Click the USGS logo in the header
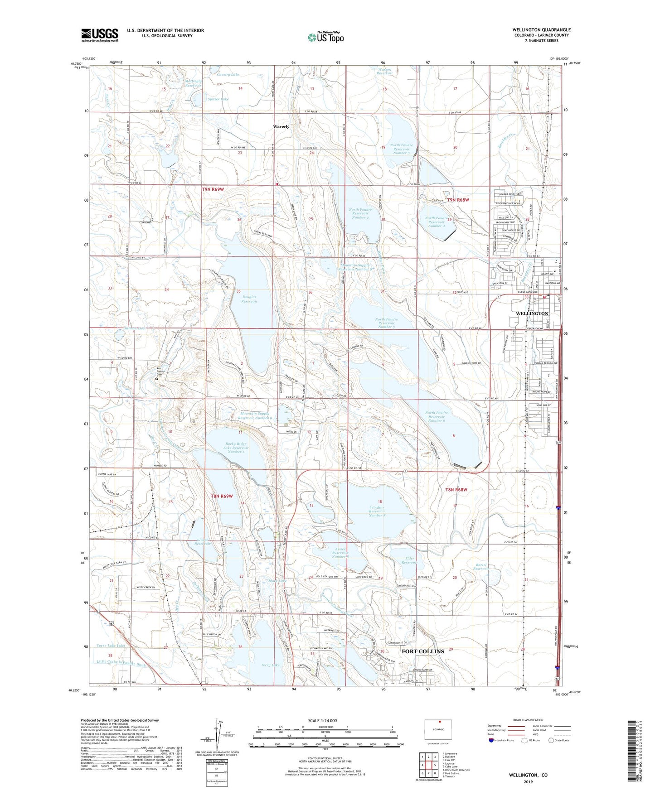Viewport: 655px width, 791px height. (x=100, y=35)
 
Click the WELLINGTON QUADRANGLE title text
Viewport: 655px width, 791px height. (x=541, y=30)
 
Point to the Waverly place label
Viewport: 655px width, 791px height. (x=281, y=127)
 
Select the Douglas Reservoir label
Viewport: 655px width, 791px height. (x=249, y=299)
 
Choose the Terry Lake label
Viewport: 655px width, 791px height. (x=271, y=665)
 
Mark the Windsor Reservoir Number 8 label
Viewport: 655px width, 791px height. (x=377, y=508)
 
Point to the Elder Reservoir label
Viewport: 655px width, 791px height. (x=409, y=559)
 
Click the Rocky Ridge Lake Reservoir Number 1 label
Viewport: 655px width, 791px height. (x=235, y=448)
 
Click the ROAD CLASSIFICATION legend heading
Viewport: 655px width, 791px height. (x=528, y=720)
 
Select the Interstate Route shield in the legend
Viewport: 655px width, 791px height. (x=492, y=740)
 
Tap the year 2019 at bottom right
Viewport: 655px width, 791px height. (x=528, y=782)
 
